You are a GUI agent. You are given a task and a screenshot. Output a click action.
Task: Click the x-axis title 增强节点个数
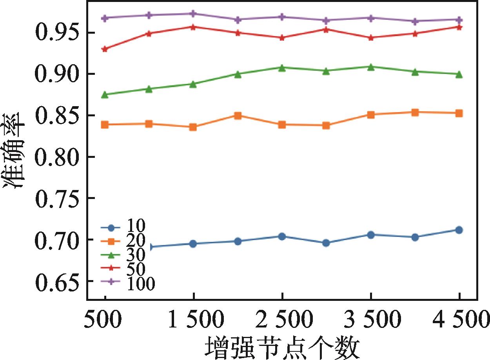click(x=282, y=346)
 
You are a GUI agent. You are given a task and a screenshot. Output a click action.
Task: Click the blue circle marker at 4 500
click(x=459, y=230)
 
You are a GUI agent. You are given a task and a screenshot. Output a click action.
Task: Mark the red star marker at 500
click(x=105, y=49)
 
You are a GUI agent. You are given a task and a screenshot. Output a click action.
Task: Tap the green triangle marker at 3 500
click(x=371, y=67)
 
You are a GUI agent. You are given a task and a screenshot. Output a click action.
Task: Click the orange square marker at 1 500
click(x=193, y=127)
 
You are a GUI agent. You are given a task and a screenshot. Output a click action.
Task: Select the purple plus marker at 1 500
click(x=193, y=14)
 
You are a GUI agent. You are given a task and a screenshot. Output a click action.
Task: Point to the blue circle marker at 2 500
click(x=282, y=237)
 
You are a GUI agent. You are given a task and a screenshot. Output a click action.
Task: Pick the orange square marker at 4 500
click(x=459, y=113)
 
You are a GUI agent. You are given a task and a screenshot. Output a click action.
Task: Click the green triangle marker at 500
click(x=105, y=95)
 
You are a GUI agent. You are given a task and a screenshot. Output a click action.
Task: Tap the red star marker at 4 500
click(x=459, y=27)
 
